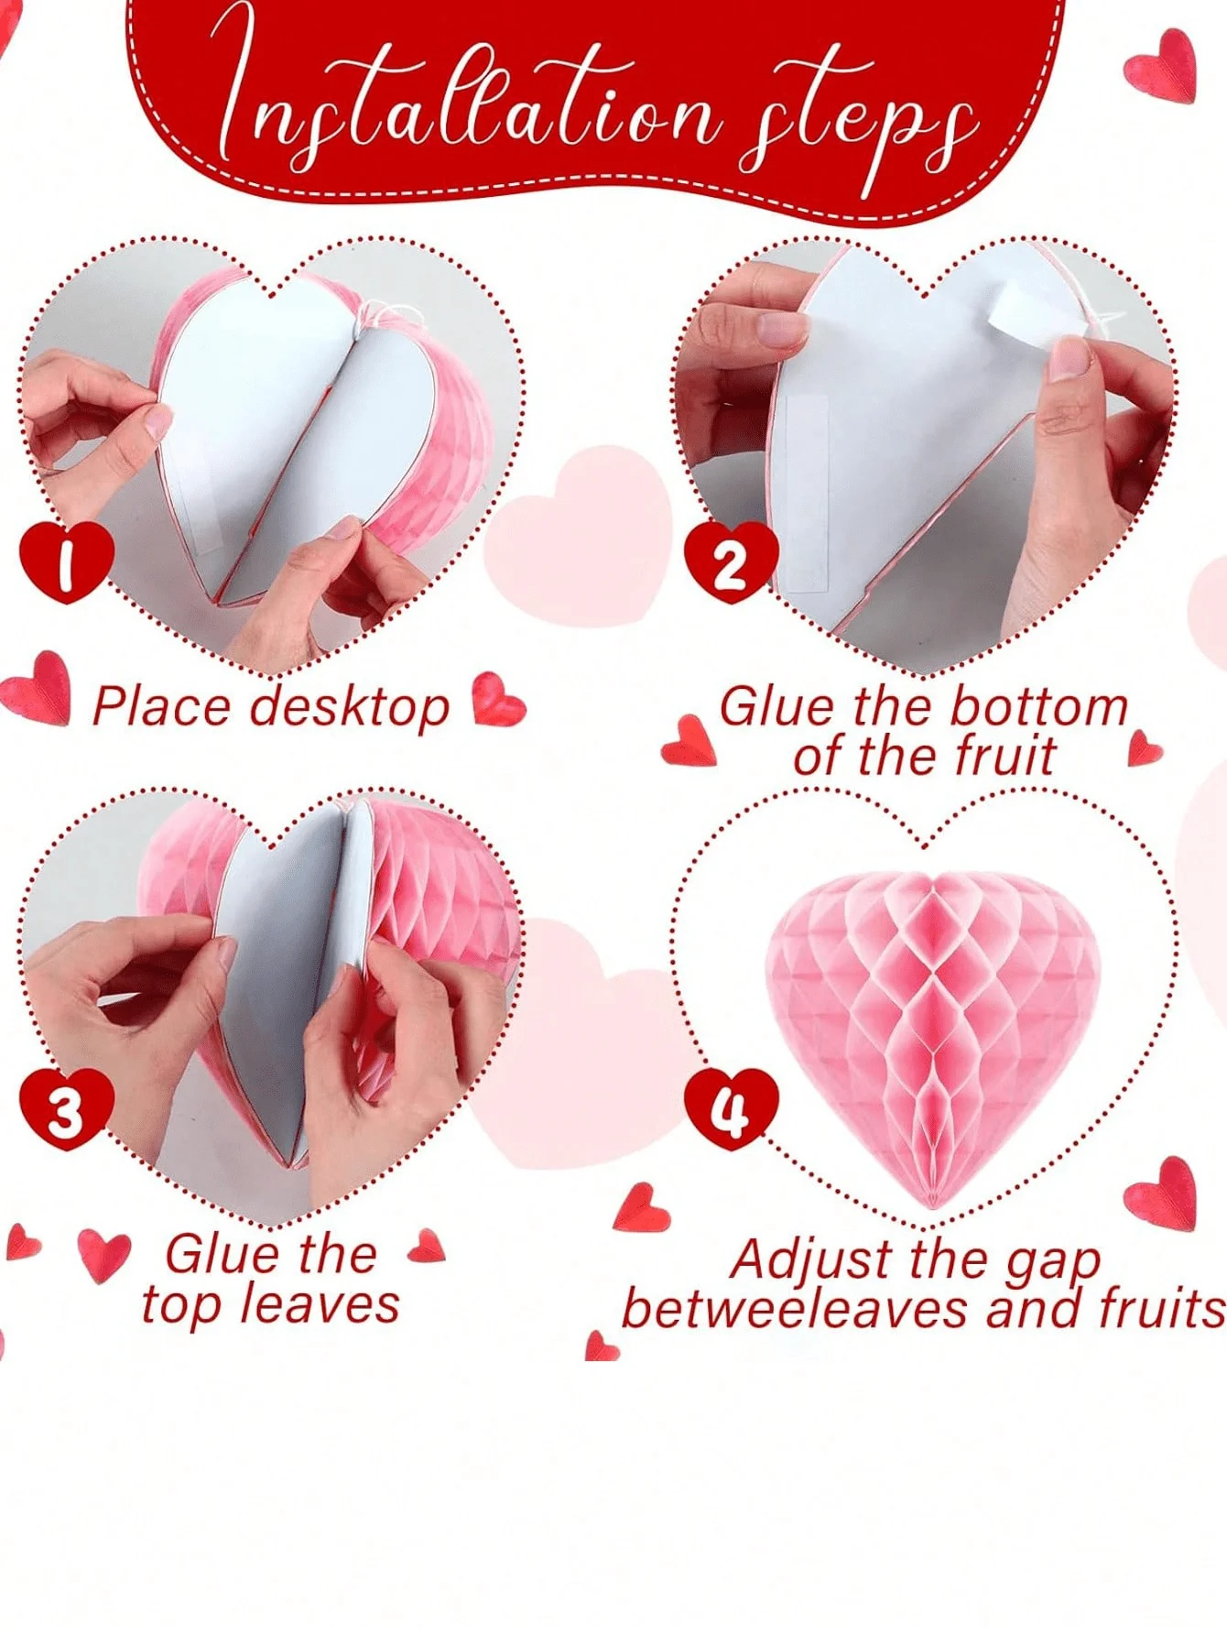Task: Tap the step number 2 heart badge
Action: coord(731,562)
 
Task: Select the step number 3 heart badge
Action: coord(66,1108)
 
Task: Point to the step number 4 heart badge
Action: coord(731,1108)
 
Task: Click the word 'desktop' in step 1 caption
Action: coord(351,709)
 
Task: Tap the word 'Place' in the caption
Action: coord(161,707)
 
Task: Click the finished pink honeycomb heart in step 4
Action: coord(932,1026)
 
